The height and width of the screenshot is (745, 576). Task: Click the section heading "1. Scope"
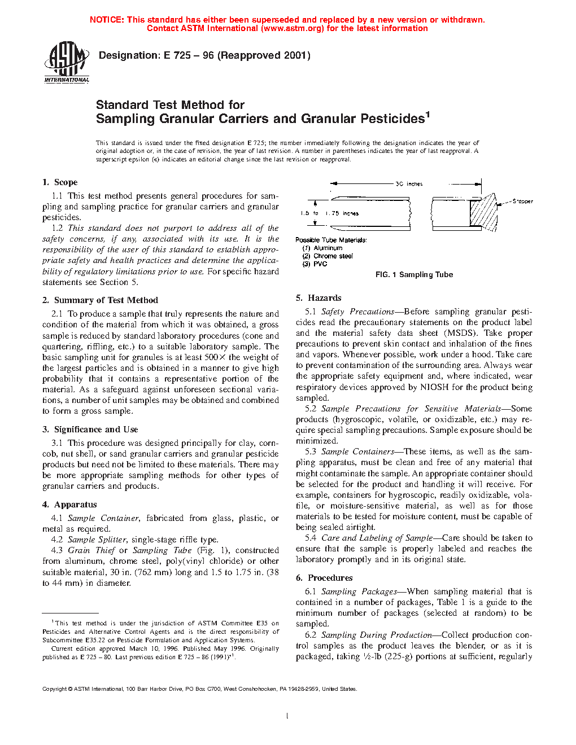60,182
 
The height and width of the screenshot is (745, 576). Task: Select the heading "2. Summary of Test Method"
100,300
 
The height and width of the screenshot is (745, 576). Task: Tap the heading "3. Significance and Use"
90,430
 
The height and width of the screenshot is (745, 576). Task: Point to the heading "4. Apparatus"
69,505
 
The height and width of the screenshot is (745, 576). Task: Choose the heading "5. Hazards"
318,298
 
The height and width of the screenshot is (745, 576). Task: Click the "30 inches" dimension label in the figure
409,184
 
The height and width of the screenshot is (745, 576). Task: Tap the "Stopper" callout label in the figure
522,201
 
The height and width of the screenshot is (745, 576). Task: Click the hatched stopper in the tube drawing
483,212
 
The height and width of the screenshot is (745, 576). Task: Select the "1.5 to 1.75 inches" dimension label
329,213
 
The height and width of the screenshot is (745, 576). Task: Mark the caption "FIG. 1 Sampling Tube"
414,275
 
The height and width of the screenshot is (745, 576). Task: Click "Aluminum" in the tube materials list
328,248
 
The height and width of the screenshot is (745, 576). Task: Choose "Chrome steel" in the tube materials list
333,256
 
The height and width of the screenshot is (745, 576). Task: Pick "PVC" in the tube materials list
320,264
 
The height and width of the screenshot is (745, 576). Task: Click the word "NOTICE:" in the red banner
107,20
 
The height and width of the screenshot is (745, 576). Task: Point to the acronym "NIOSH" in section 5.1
434,387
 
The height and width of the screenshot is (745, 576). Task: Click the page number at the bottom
287,716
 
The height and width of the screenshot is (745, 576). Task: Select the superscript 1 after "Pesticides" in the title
427,115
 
